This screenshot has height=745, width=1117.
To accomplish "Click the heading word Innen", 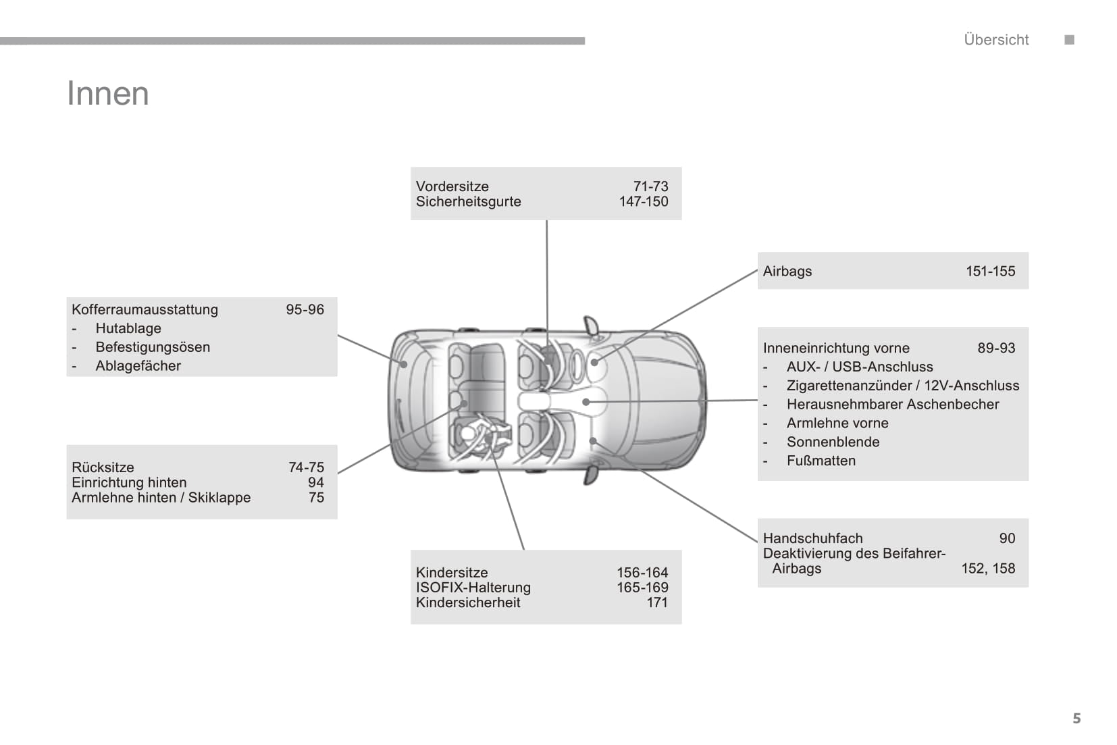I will click(x=108, y=93).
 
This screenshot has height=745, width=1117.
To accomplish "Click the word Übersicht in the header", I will click(x=996, y=40).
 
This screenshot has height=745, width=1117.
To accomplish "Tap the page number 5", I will click(x=1076, y=718).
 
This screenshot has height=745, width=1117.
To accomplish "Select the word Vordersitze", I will click(x=452, y=186).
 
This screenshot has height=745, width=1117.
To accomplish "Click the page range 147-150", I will click(x=643, y=201).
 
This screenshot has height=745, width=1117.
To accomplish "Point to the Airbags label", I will click(x=787, y=271).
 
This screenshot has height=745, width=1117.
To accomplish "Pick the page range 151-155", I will click(x=990, y=271).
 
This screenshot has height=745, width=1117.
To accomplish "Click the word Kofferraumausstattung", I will click(x=145, y=309).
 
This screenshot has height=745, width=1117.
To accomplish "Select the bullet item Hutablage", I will click(x=128, y=328).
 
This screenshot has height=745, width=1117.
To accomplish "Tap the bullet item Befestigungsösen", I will click(x=153, y=347).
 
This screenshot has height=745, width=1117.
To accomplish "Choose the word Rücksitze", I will click(x=103, y=467).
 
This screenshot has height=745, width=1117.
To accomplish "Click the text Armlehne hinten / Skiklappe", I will click(x=161, y=498).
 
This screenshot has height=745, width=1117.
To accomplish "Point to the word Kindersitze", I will click(x=452, y=573).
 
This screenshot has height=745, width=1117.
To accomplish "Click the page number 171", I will click(x=657, y=602).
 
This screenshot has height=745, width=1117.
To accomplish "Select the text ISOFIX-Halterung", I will click(x=473, y=588).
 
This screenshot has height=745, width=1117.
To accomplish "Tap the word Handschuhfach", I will click(x=812, y=538).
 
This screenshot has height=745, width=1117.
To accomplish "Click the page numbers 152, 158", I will click(x=988, y=569).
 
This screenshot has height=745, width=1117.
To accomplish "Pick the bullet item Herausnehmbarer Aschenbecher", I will click(x=892, y=405).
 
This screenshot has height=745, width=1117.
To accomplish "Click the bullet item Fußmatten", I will click(x=821, y=461).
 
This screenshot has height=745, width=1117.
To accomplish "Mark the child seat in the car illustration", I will click(x=481, y=436).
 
